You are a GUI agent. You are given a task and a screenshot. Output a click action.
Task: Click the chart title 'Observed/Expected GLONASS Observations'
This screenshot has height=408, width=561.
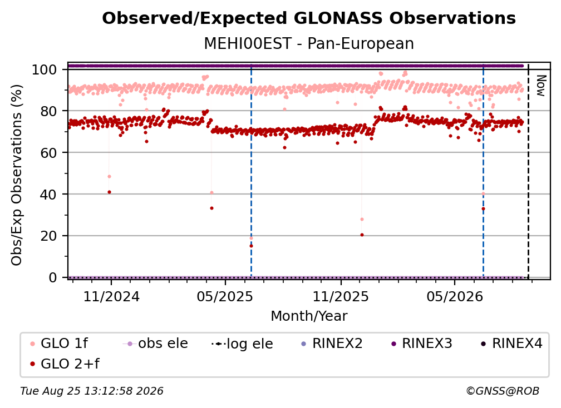tap(309, 18)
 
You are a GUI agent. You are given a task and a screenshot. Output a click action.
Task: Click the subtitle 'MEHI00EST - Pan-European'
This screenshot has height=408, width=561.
tap(309, 43)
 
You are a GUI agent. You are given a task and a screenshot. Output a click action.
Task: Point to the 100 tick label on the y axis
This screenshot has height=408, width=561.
tap(45, 69)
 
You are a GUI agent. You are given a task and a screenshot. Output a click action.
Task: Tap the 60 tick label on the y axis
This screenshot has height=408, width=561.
tap(48, 153)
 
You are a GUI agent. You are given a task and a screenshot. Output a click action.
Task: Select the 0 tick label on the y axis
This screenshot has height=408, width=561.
tap(53, 277)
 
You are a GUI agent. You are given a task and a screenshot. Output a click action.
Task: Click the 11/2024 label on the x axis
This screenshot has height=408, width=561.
tap(111, 297)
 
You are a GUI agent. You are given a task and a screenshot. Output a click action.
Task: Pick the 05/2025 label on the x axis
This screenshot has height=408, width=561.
tap(225, 297)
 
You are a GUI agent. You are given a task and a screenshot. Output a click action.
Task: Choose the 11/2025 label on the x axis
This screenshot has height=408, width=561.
tap(341, 297)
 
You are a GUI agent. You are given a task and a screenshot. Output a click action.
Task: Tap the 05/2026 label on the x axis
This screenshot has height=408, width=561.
tap(455, 297)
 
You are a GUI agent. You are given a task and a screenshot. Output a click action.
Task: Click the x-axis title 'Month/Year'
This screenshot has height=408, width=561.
tap(309, 316)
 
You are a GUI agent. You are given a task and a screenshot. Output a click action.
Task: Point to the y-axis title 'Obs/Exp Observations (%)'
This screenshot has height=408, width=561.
tap(17, 175)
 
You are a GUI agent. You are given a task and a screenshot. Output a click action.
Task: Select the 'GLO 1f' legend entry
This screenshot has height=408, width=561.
tap(59, 344)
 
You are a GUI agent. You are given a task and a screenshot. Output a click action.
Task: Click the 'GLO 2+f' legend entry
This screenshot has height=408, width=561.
tap(65, 364)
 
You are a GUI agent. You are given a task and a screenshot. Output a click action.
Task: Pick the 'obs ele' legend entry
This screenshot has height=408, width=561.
tap(155, 344)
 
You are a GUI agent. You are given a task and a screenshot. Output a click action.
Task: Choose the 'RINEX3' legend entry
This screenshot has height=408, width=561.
tap(422, 344)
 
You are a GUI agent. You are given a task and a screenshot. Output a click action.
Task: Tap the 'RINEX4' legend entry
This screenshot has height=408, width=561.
tap(512, 344)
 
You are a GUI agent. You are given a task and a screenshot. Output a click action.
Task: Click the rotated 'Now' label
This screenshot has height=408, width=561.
tap(541, 86)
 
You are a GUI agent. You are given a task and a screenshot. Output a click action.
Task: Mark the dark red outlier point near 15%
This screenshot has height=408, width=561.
tap(251, 246)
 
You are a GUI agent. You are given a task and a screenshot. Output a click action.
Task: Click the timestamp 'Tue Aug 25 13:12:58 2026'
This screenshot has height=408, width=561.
tap(92, 391)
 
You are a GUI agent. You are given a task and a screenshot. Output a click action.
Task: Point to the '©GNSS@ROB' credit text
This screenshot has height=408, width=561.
tap(503, 391)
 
